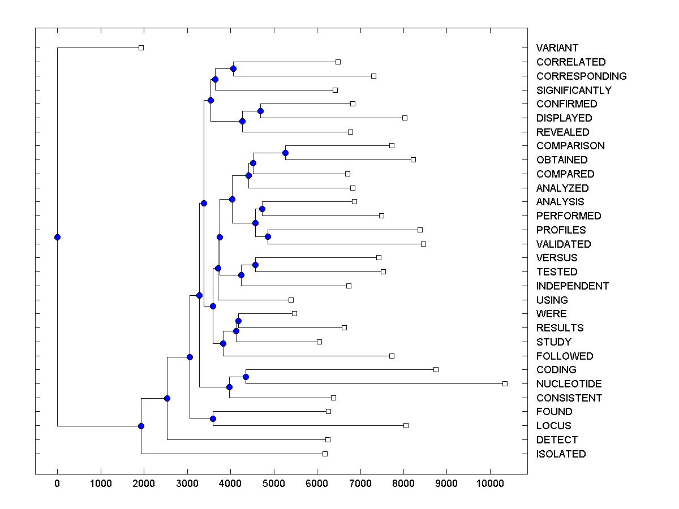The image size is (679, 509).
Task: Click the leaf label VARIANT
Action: coord(557,48)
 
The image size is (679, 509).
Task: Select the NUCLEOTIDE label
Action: coord(569,384)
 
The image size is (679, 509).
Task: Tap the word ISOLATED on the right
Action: coord(561,454)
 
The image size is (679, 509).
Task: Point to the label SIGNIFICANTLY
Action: coord(574,90)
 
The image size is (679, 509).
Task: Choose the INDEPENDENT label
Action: coord(573,286)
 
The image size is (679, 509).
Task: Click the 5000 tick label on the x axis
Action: coord(274,484)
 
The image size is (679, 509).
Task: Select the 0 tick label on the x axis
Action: coord(57,484)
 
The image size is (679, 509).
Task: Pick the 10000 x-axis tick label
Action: coord(490,484)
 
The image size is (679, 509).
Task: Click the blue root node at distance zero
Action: coord(57,237)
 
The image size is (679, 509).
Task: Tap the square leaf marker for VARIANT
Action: coord(141,48)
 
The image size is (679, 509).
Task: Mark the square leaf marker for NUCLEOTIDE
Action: coord(505,383)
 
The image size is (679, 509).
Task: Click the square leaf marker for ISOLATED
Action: coord(325,454)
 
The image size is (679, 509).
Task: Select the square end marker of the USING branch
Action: coord(291,300)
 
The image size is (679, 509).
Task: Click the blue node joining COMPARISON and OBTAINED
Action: coord(285,153)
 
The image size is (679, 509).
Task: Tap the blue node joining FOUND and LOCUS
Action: coord(213,419)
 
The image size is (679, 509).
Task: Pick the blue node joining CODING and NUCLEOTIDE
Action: coord(246,377)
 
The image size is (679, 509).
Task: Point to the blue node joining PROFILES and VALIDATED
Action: coord(268,236)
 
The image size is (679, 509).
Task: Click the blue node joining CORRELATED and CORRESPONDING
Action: coord(233,68)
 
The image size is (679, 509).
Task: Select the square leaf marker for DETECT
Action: coord(328,439)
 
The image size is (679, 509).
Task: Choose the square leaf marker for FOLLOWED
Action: coord(392,356)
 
